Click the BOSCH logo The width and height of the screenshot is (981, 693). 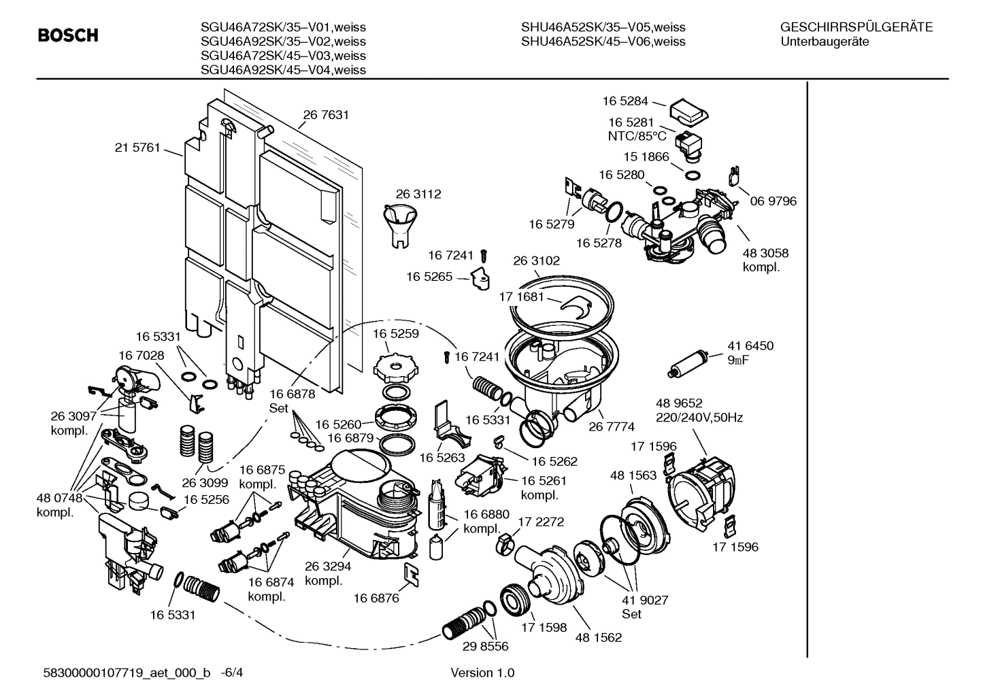pos(68,35)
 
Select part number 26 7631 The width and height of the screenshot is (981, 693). pos(326,115)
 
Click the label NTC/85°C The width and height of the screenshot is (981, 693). pos(637,136)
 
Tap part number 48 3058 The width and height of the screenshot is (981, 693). pos(765,253)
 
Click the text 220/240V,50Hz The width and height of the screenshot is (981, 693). pos(699,418)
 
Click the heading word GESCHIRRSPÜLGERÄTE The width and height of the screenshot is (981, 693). pos(856,27)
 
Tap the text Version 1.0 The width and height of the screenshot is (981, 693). pos(482,673)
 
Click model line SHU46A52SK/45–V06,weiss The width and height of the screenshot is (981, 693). pos(603,41)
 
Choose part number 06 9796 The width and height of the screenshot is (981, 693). pos(773,201)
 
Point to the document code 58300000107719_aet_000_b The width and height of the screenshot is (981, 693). pos(125,673)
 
